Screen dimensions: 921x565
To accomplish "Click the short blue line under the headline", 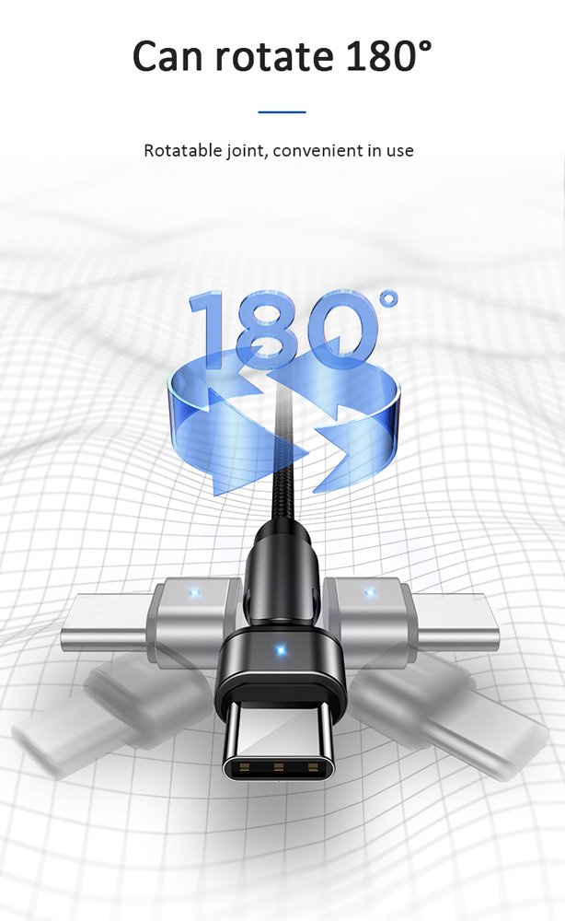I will (282, 112).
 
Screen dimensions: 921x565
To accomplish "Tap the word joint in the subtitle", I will (243, 151).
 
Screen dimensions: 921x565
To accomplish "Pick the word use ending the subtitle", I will (399, 151).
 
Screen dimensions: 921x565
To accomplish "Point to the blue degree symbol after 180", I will (389, 300).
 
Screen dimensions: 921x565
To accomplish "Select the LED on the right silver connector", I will (370, 591).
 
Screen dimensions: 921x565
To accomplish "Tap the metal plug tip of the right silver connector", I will (458, 619).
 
